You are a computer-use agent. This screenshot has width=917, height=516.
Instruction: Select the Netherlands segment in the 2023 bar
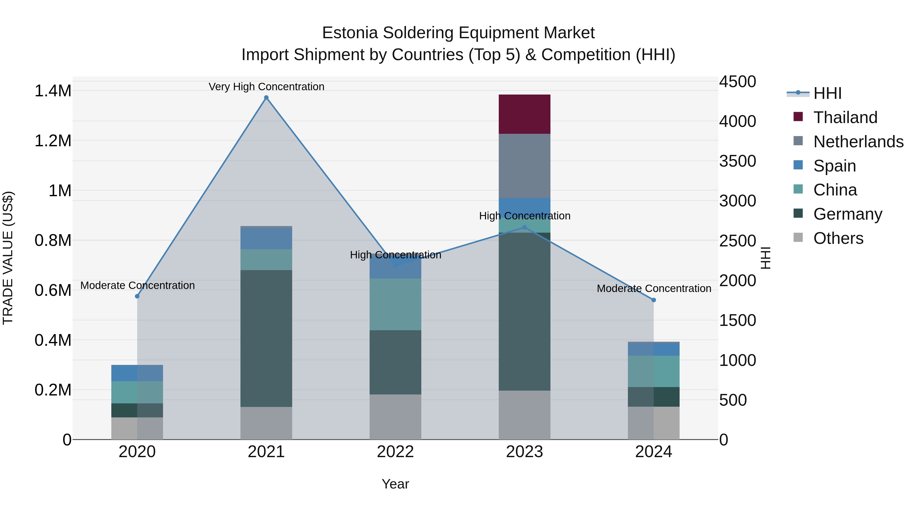(x=524, y=166)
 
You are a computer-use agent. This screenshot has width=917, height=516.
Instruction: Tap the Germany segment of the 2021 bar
(x=266, y=338)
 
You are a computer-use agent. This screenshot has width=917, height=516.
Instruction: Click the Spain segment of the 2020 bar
(x=137, y=373)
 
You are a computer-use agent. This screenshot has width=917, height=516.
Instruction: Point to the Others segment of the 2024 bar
(x=654, y=423)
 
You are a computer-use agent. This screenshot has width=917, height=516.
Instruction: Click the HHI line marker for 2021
(x=266, y=98)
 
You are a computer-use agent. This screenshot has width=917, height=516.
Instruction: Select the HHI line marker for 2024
(x=654, y=300)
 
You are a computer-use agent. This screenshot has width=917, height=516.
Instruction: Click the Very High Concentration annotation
(x=266, y=87)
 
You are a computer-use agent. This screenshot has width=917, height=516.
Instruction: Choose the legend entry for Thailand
(x=845, y=117)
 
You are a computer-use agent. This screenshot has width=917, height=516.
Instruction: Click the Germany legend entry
(x=847, y=214)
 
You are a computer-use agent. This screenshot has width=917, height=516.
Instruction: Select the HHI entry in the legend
(x=827, y=93)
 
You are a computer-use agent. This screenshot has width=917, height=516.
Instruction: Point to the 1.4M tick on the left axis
(x=53, y=91)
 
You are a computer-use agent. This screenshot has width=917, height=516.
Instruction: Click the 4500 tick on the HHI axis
(x=738, y=82)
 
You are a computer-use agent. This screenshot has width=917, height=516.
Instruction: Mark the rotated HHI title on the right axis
(x=765, y=258)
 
